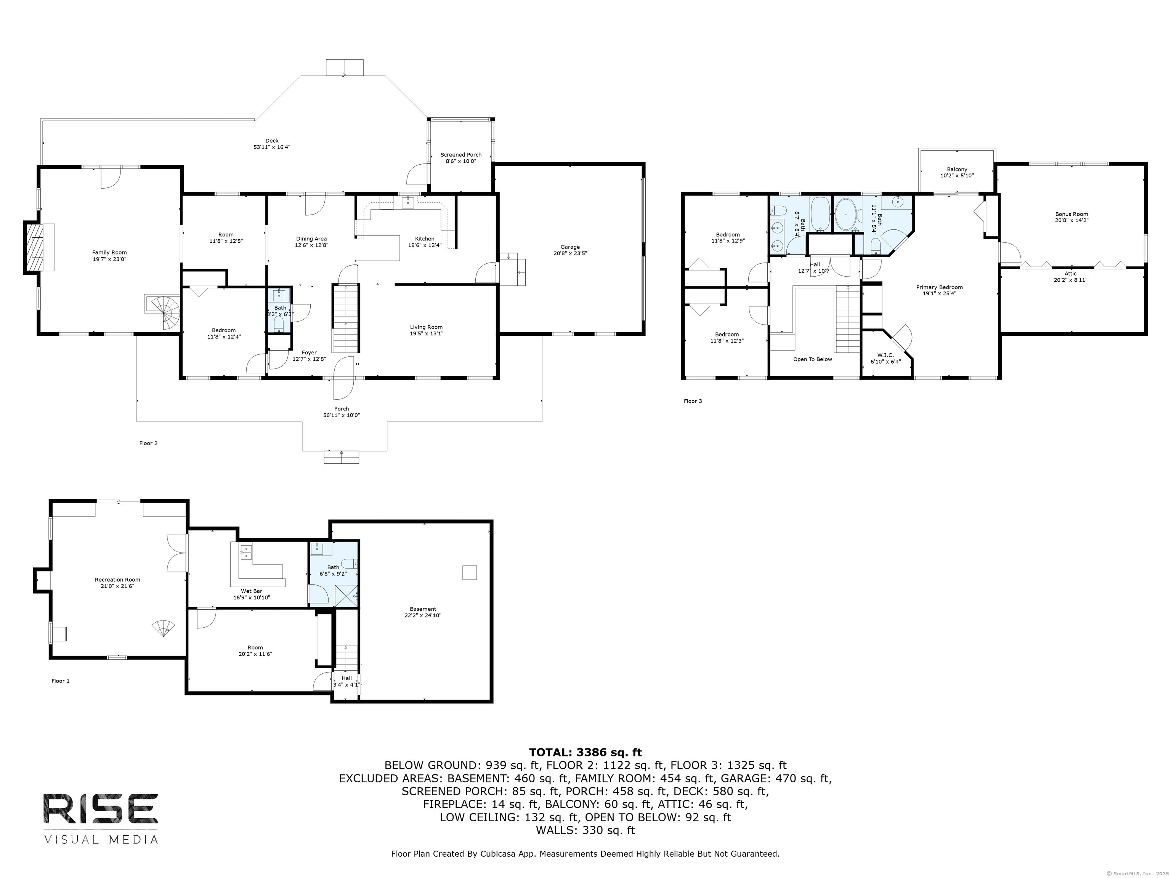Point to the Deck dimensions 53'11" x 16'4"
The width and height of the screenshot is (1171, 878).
pos(271,147)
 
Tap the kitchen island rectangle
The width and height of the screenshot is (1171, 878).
pos(378,248)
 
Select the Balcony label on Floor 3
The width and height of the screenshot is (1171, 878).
pos(957,169)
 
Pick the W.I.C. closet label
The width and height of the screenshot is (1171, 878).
pos(885,355)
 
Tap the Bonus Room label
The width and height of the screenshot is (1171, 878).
pos(1072,214)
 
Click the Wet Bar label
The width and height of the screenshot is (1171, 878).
pos(252,591)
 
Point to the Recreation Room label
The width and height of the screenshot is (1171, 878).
pos(117,580)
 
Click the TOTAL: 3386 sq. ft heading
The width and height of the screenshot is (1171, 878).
pos(585,753)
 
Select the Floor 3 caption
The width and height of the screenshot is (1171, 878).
pos(693,401)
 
